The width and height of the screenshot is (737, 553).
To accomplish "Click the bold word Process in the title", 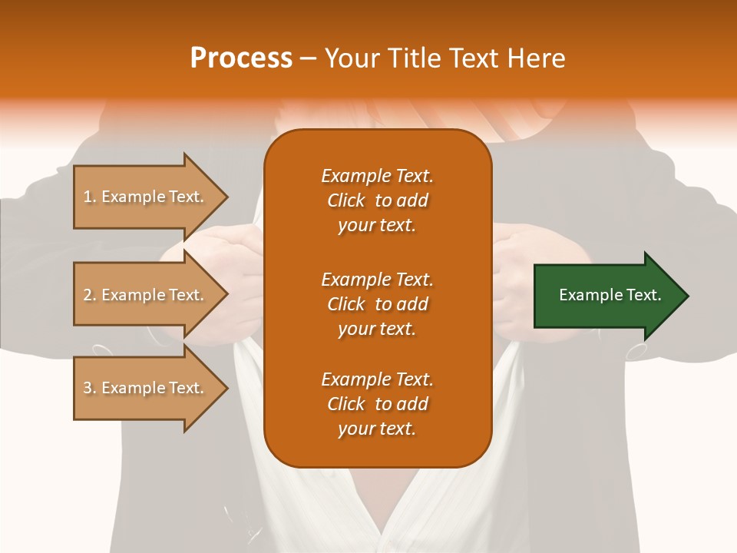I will tap(241, 58).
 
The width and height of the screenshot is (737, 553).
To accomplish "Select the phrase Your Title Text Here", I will tap(445, 58).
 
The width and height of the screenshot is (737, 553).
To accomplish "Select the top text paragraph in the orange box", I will tap(377, 200).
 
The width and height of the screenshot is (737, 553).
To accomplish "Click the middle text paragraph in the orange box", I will tap(377, 303).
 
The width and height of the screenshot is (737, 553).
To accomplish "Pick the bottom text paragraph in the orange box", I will tap(377, 404).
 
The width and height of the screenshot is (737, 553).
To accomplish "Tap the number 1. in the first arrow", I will tap(90, 197).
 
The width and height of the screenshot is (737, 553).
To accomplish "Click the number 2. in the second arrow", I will tap(90, 295).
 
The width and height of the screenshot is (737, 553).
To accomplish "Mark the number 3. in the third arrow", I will tap(90, 388).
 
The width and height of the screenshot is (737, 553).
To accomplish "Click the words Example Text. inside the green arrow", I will tap(610, 295).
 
